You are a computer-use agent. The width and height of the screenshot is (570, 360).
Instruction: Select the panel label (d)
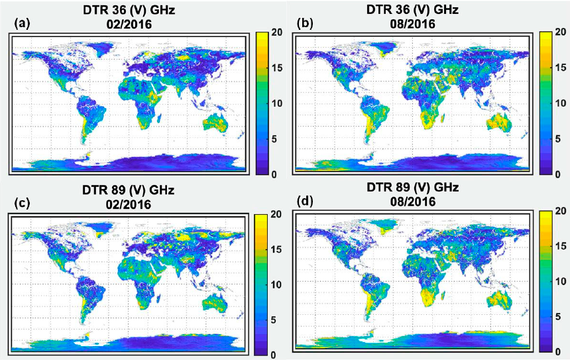(306, 201)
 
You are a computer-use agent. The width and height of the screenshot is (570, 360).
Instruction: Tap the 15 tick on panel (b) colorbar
(560, 68)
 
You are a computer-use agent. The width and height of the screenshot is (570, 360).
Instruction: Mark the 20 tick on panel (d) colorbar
(560, 211)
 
